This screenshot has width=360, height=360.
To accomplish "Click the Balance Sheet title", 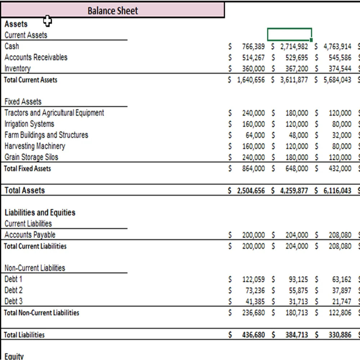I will coord(112,11).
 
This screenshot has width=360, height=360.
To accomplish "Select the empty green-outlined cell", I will coord(289,35).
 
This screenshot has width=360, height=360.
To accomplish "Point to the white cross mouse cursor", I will coord(48,21).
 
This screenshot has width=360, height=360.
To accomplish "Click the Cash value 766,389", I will coord(253,46).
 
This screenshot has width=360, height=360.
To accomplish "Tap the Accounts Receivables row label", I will coord(36,57).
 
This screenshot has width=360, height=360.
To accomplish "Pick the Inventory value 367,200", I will coord(297,68).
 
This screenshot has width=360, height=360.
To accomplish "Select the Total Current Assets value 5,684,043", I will coord(337,80).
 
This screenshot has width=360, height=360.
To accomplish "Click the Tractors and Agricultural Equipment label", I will coord(54,113).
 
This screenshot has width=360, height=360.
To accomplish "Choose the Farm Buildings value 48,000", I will coord(298,135).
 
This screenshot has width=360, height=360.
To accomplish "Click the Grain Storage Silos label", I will coord(31,157).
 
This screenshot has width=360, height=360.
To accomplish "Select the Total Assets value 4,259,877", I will coord(294,191).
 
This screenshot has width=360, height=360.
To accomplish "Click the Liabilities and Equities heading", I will coord(40,212).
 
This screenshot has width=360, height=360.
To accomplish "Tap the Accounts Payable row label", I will coord(30,235).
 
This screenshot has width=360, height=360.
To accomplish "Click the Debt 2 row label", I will coord(13,290).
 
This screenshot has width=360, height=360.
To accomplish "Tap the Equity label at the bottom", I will coord(14,356).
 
